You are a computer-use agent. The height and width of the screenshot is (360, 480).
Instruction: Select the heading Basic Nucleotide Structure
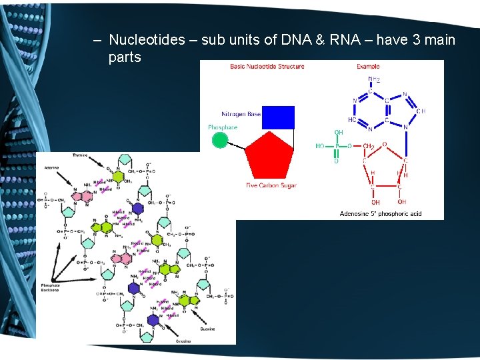tap(267, 67)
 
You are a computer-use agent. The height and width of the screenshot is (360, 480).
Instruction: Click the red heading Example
tap(367, 67)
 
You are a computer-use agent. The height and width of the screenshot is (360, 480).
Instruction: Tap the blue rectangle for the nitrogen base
tap(278, 117)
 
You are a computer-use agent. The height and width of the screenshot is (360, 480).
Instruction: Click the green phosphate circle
tap(220, 140)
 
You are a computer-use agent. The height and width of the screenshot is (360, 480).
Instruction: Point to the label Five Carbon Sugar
tap(271, 185)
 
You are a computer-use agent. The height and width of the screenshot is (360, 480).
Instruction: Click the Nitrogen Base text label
tap(241, 114)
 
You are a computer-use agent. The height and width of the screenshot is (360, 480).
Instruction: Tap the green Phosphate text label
tap(222, 127)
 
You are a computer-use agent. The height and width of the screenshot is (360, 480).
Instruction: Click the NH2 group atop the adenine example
tap(374, 80)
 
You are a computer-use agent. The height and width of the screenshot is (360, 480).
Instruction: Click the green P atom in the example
tap(337, 146)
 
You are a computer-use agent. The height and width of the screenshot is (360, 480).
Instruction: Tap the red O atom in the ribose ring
tap(383, 143)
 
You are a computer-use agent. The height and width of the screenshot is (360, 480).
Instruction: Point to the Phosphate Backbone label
tap(50, 287)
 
